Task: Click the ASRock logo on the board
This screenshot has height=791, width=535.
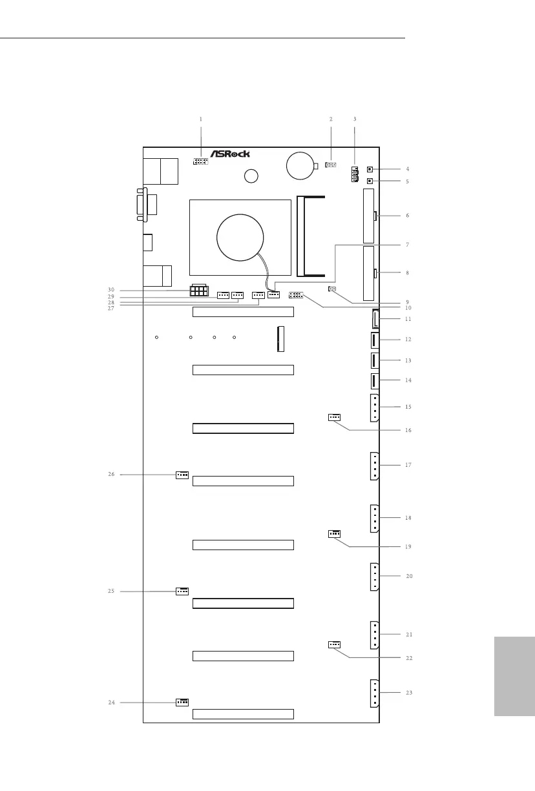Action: click(x=230, y=154)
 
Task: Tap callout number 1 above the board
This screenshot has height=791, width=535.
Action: click(x=201, y=119)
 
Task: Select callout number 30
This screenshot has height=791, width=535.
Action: click(x=111, y=290)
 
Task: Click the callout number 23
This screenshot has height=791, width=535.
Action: click(x=409, y=692)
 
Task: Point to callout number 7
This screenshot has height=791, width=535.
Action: click(x=408, y=244)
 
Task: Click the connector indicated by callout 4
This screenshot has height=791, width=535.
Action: click(x=370, y=169)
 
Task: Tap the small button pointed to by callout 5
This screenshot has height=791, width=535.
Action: click(x=370, y=181)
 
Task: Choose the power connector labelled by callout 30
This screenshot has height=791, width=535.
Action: click(x=199, y=291)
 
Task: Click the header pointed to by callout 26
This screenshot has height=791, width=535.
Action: click(x=182, y=475)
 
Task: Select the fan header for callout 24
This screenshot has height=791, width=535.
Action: click(x=182, y=703)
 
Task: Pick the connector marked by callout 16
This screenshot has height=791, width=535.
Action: click(x=334, y=417)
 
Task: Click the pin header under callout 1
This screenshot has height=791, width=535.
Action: click(x=200, y=161)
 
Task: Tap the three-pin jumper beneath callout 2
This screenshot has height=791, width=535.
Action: click(x=330, y=165)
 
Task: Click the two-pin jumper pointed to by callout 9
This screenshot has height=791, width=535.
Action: click(x=332, y=289)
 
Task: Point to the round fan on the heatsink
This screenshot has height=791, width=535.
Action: click(x=240, y=238)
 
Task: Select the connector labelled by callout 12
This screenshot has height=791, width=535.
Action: click(x=375, y=340)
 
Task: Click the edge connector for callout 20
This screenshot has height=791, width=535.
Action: click(x=375, y=577)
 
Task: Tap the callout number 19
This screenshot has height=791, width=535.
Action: click(x=408, y=547)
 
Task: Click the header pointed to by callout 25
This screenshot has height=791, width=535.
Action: click(x=182, y=591)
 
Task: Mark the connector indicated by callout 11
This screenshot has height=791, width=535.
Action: click(x=375, y=318)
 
